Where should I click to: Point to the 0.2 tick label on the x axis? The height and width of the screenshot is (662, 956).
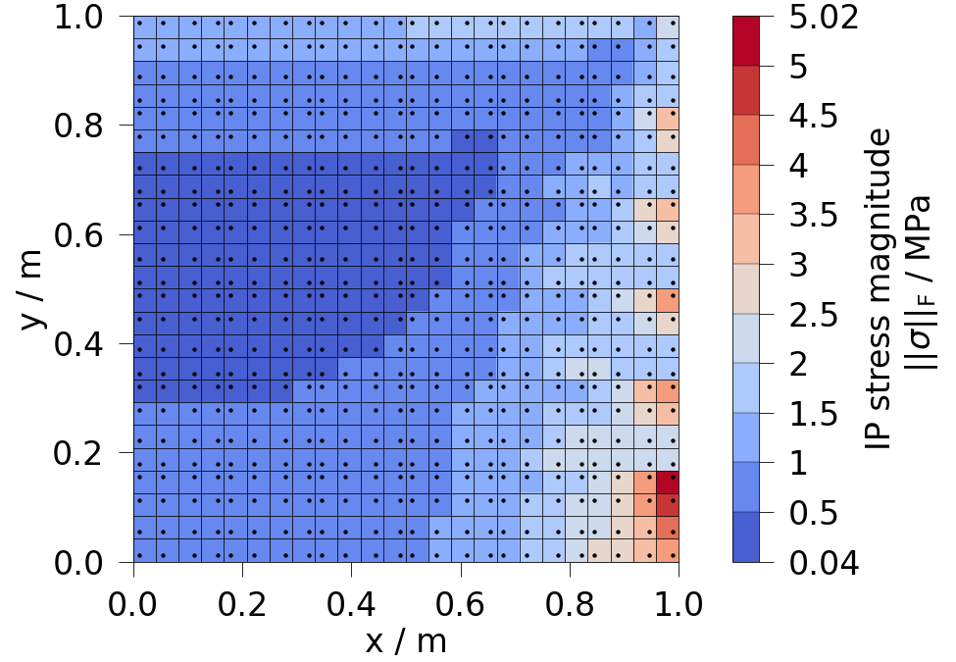tap(243, 600)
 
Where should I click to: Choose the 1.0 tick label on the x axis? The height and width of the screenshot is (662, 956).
tap(679, 600)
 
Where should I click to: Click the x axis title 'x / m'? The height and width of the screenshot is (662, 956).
tap(406, 641)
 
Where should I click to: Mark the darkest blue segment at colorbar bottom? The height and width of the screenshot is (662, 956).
tap(753, 536)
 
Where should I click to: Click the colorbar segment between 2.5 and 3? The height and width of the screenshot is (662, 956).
tap(753, 289)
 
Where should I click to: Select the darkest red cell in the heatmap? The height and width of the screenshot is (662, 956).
tap(668, 482)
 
